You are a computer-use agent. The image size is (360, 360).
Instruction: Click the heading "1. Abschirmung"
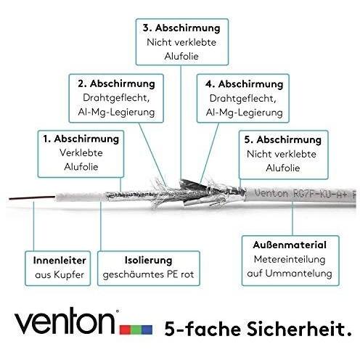point(81,139)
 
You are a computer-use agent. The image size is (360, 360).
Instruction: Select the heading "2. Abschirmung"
point(116,84)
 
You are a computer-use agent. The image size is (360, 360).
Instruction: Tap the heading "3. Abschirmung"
point(181,28)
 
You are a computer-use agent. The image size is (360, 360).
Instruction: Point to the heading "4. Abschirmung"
point(245,84)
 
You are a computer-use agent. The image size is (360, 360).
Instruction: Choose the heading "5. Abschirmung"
point(283,140)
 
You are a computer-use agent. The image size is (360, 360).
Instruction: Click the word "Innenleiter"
point(60,261)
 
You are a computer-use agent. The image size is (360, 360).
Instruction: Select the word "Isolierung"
point(149,261)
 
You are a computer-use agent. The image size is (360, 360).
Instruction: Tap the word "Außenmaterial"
point(290,245)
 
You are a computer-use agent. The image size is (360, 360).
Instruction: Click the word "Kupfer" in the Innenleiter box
point(69,275)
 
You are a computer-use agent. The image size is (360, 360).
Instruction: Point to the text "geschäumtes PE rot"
point(148,275)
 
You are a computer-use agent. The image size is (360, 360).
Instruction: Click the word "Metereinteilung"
point(290,259)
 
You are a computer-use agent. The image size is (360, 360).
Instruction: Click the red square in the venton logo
point(126,330)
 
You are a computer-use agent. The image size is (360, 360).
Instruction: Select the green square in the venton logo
point(136,330)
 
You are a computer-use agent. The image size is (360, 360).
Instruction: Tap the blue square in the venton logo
point(147,330)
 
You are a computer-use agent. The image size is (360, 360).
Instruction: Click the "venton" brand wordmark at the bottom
point(65,321)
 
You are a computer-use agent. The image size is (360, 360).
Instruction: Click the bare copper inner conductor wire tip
point(9,199)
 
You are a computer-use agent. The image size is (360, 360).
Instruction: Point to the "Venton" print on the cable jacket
point(271,193)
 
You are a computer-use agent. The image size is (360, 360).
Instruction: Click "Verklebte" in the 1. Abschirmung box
point(81,153)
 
